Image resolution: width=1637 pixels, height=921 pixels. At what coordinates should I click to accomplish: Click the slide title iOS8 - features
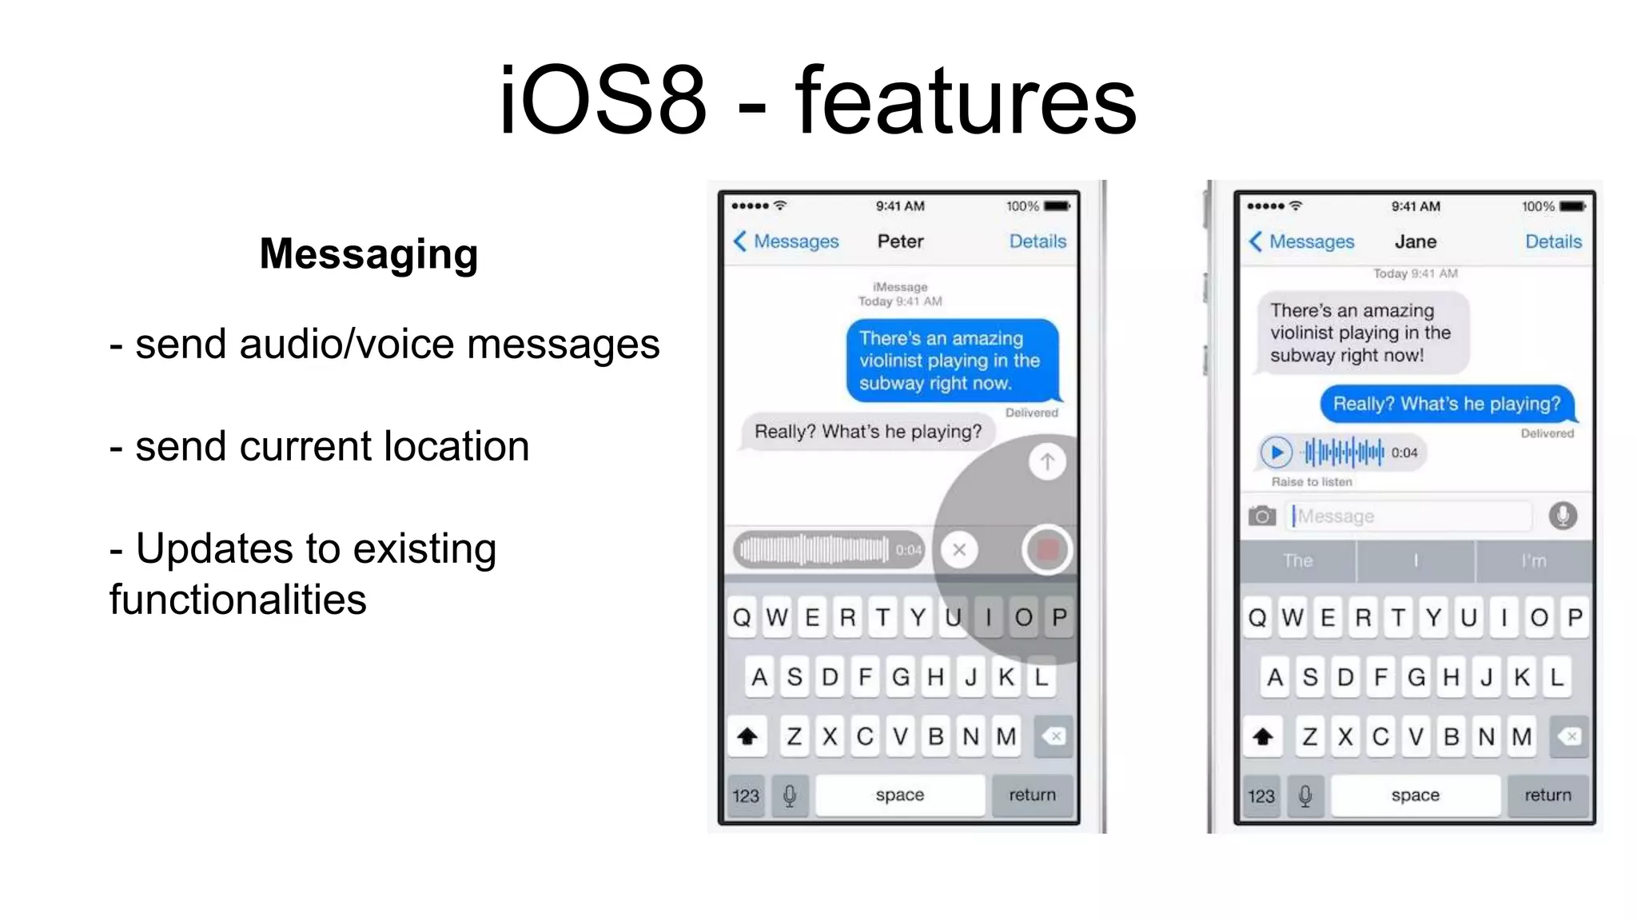click(x=817, y=102)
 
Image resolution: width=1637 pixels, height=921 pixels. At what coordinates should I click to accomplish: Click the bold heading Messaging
click(x=368, y=254)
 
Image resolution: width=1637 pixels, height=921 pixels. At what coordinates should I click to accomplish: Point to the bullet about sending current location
click(x=320, y=446)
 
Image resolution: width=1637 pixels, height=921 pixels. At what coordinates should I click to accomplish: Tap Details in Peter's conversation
click(x=1037, y=241)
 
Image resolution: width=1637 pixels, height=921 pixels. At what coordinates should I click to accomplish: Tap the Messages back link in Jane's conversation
click(x=1302, y=241)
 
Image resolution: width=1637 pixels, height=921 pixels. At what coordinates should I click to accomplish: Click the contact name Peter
click(x=900, y=241)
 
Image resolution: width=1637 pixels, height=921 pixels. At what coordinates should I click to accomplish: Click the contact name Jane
click(x=1415, y=241)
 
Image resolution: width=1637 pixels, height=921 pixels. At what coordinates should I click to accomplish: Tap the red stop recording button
click(x=1046, y=549)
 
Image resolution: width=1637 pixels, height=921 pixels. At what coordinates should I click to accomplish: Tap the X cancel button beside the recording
click(x=959, y=549)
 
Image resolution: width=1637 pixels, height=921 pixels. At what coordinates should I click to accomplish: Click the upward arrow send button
click(x=1046, y=461)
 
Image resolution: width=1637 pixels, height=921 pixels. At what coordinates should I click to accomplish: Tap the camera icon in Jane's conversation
click(x=1262, y=516)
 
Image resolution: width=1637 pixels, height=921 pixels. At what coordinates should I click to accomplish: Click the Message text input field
click(x=1411, y=516)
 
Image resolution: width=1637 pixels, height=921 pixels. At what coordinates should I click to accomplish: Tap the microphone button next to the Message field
click(x=1563, y=516)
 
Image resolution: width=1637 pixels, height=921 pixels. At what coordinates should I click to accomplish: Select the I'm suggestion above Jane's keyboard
click(x=1533, y=561)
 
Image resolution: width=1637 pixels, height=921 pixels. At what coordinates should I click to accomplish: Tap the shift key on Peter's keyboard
click(x=747, y=736)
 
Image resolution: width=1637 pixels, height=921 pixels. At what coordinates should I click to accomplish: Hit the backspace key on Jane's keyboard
click(x=1570, y=736)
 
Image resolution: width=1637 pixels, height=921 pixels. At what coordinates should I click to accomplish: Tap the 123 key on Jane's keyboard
click(x=1261, y=795)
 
